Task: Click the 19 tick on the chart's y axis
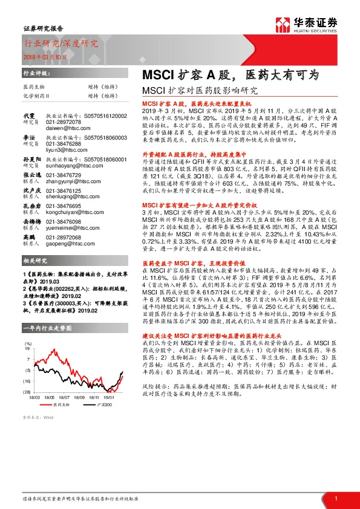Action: pyautogui.click(x=28, y=349)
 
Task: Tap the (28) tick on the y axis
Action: pyautogui.click(x=28, y=392)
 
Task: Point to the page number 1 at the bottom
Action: pyautogui.click(x=335, y=499)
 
